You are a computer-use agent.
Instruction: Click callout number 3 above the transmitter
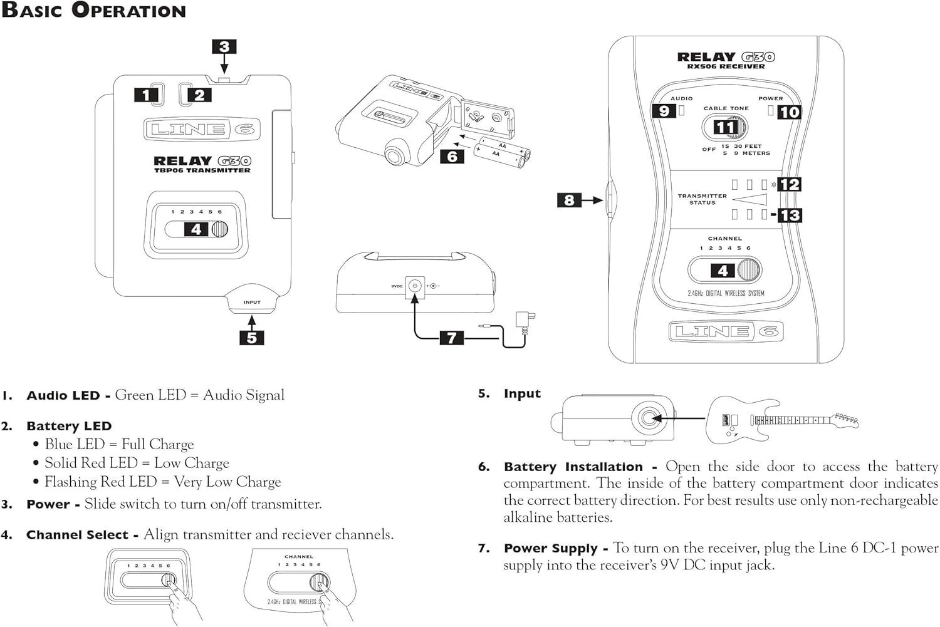224,47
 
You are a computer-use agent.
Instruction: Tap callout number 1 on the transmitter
146,95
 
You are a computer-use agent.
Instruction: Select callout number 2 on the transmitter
199,95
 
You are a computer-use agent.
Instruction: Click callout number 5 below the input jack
252,338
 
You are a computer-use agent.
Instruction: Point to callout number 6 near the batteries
452,156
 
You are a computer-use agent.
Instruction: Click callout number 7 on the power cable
451,338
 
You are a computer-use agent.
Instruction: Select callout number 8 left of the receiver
569,200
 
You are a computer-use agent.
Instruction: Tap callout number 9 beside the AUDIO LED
664,111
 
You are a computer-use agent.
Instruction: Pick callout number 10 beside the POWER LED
790,112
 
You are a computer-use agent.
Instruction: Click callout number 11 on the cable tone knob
726,128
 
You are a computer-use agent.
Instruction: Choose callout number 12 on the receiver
790,184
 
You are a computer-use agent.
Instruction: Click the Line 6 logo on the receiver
725,331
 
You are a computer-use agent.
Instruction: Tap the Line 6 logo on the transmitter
202,130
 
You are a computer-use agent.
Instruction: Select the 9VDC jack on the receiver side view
414,286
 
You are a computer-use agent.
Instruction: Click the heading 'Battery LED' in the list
69,426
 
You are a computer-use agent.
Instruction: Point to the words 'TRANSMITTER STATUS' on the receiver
702,199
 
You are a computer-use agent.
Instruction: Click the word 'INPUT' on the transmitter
252,303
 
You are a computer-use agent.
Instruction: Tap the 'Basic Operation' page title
94,11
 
